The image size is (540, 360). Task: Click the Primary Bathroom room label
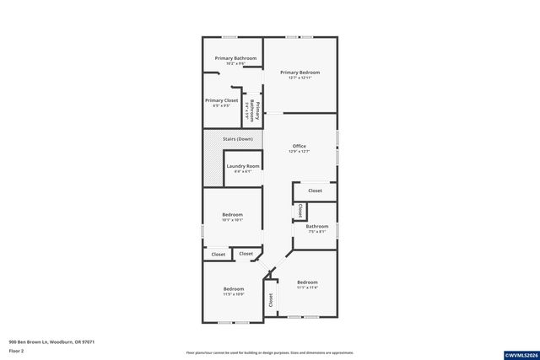[x=235, y=58]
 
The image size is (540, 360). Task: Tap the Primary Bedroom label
[x=300, y=73]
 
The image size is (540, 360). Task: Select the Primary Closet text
[x=221, y=100]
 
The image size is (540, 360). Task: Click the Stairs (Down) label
[x=238, y=138]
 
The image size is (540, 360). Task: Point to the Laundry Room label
[x=242, y=166]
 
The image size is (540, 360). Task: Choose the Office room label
[x=299, y=146]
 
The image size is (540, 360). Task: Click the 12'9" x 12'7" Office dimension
[x=299, y=152]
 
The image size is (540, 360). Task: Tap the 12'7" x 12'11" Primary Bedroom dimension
[x=300, y=78]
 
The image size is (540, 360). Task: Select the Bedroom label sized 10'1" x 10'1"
[x=232, y=215]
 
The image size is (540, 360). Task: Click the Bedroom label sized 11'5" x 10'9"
[x=233, y=288]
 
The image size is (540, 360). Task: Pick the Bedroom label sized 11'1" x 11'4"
[x=307, y=282]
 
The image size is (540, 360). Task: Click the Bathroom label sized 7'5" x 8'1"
[x=317, y=226]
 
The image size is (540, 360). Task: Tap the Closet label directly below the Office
[x=315, y=191]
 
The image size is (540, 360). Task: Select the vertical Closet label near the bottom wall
[x=271, y=299]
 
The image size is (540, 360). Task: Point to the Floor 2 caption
[x=17, y=350]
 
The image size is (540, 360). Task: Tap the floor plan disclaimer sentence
[x=269, y=352]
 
